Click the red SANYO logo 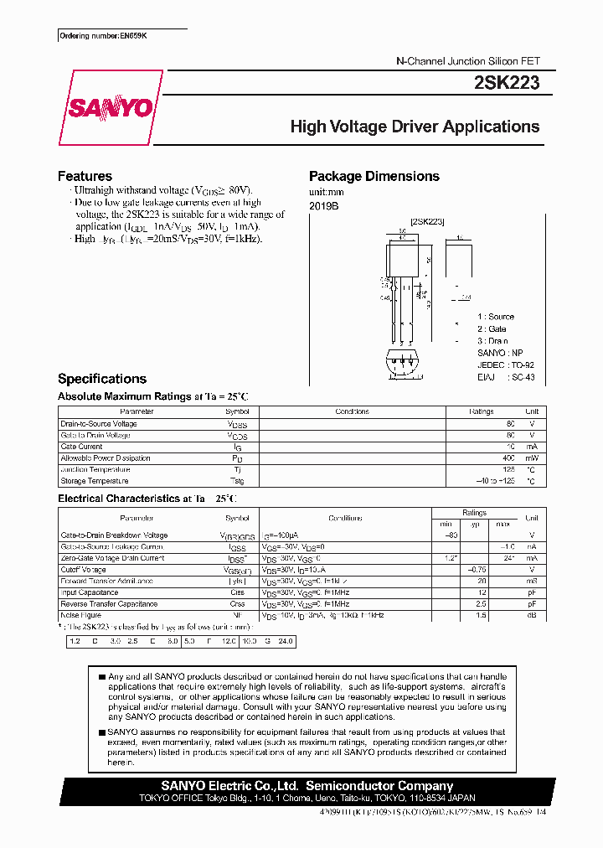(x=109, y=107)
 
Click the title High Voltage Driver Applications (x=415, y=127)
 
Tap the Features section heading (x=85, y=176)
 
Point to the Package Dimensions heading (x=374, y=176)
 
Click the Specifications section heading (x=101, y=379)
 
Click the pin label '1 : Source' (x=496, y=317)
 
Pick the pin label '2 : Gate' (x=492, y=329)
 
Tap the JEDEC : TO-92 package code (x=506, y=365)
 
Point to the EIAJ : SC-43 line (x=506, y=378)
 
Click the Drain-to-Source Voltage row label (x=99, y=424)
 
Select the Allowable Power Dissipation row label (x=106, y=458)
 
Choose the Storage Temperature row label (x=95, y=481)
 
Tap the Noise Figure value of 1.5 (x=482, y=615)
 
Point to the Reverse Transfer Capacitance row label (x=109, y=603)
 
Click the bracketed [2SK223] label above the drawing (x=427, y=221)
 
